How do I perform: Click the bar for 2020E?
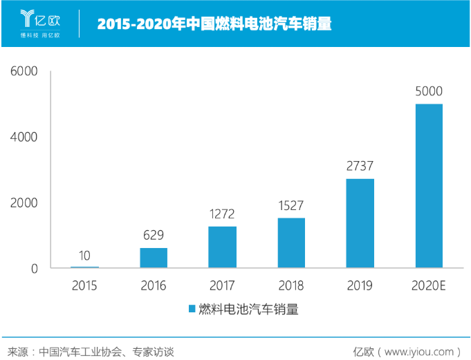pos(429,185)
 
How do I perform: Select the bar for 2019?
pos(360,222)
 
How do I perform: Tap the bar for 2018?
pos(291,243)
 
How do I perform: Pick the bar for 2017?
pos(222,247)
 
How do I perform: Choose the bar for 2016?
pos(154,257)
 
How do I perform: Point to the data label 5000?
pos(429,91)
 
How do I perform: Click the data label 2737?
pos(360,166)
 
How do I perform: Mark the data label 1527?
pos(291,205)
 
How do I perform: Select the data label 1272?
pos(222,214)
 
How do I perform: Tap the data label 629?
pos(154,235)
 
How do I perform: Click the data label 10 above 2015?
pos(84,254)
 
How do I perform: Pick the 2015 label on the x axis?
pos(84,285)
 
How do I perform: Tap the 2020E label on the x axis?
pos(429,285)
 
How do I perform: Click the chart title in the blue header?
pos(214,24)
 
